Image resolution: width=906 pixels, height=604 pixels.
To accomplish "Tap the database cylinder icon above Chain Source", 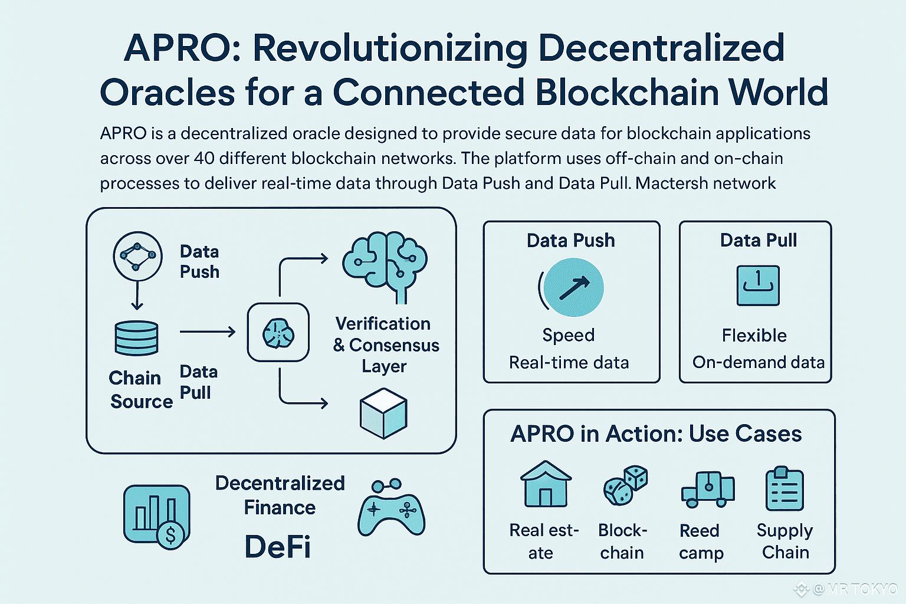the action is [136, 338].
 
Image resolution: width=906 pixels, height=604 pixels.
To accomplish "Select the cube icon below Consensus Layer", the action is [383, 413].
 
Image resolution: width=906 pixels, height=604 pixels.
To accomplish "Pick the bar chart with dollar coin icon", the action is [156, 515].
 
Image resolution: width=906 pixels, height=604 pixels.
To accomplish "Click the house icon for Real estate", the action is [546, 484].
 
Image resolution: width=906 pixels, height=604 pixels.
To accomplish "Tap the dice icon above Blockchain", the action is [625, 485].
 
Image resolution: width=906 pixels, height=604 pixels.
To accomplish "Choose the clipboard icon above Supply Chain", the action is [784, 489].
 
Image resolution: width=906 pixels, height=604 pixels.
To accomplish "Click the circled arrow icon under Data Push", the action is [572, 288].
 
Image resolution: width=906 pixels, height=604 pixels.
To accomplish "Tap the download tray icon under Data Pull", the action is [758, 285].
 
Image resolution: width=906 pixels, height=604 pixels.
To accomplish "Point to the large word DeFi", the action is [277, 546].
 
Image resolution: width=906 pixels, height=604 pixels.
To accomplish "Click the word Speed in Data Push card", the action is [569, 335].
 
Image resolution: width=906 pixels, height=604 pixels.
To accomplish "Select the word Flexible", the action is [754, 336].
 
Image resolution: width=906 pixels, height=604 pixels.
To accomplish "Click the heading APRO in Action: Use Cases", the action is [656, 434].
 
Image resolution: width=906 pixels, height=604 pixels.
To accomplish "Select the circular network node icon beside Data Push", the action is [137, 256].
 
